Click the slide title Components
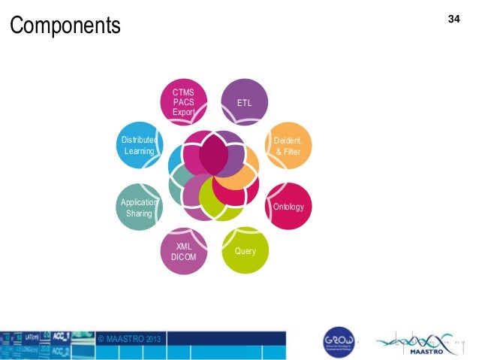point(65,26)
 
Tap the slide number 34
point(453,17)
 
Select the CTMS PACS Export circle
point(184,102)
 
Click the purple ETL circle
point(245,101)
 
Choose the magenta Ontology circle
point(289,205)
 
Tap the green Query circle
point(245,250)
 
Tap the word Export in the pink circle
point(184,113)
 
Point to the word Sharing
point(139,213)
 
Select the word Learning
point(139,151)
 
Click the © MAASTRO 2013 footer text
point(129,340)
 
